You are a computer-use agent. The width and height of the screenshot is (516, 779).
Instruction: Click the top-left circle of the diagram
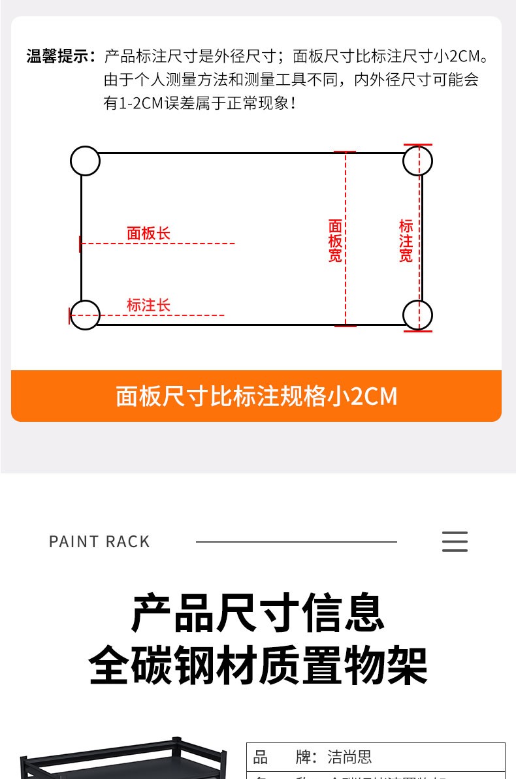pyautogui.click(x=85, y=161)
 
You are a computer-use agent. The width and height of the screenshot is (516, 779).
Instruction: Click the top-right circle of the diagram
pyautogui.click(x=417, y=161)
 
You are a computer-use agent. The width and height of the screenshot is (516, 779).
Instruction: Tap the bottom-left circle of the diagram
pyautogui.click(x=85, y=315)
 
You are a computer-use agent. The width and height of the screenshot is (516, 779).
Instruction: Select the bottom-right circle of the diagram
pyautogui.click(x=417, y=315)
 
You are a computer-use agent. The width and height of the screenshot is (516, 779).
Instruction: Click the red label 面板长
pyautogui.click(x=148, y=233)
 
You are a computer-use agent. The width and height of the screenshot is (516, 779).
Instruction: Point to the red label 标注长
pyautogui.click(x=148, y=305)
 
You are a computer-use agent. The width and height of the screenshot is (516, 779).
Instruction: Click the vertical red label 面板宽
pyautogui.click(x=335, y=240)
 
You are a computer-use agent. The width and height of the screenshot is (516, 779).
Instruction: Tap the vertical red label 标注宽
pyautogui.click(x=406, y=240)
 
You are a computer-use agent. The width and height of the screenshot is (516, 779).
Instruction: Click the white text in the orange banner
pyautogui.click(x=256, y=396)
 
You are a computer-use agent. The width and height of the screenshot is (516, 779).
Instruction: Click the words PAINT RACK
pyautogui.click(x=99, y=542)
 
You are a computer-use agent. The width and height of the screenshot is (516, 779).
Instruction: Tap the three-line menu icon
pyautogui.click(x=455, y=542)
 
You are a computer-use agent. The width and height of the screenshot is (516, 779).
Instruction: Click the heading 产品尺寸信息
pyautogui.click(x=257, y=612)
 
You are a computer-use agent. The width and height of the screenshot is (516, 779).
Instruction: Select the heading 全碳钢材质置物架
pyautogui.click(x=257, y=665)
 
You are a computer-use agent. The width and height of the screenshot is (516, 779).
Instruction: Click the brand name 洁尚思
pyautogui.click(x=349, y=757)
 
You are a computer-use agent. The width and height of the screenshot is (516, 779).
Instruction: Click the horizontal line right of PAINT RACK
pyautogui.click(x=296, y=542)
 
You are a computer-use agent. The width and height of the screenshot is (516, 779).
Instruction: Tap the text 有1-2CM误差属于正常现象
pyautogui.click(x=200, y=103)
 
